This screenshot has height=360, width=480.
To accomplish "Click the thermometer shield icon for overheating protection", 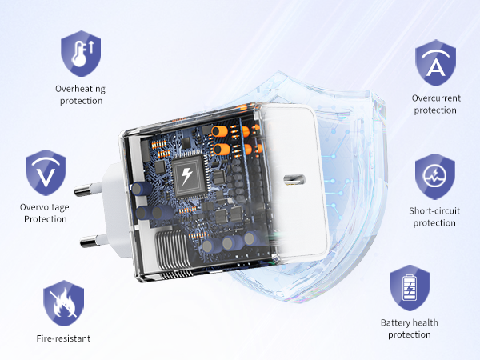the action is (81, 54).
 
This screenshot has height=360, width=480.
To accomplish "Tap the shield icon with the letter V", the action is (46, 173).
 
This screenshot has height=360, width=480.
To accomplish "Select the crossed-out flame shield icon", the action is (64, 303).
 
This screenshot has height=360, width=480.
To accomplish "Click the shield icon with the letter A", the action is (436, 62).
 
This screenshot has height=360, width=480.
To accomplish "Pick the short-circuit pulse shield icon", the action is (435, 177).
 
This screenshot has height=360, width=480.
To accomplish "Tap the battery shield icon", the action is (410, 288).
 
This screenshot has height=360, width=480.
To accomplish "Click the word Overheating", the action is (80, 89).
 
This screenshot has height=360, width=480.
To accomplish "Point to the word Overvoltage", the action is (44, 207).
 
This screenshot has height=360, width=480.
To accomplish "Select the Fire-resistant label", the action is (63, 338).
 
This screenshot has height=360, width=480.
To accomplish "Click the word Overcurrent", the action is (436, 98).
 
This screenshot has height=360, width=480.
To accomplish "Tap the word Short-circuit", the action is (434, 210).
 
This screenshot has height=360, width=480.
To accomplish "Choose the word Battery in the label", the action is (394, 322).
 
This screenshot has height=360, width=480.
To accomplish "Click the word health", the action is (424, 322).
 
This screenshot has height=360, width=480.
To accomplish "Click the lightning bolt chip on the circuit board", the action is (186, 176).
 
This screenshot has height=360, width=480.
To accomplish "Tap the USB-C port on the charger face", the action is (294, 179).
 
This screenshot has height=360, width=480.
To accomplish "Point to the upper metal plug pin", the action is (88, 190).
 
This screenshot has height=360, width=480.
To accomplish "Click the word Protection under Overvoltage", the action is (46, 219).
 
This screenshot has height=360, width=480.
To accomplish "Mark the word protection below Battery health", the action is (410, 334).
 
